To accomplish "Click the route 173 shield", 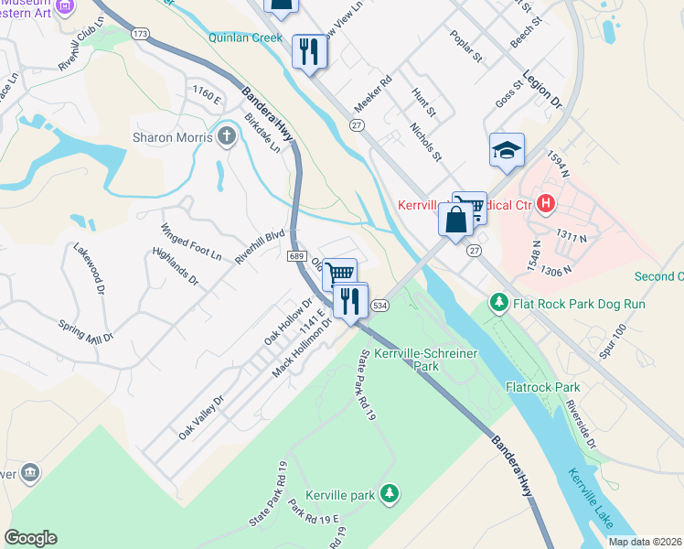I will pyautogui.click(x=139, y=34).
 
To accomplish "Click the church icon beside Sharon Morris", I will pyautogui.click(x=227, y=137).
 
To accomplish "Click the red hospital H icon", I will pyautogui.click(x=547, y=202).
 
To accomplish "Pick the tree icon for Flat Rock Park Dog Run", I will pyautogui.click(x=498, y=301).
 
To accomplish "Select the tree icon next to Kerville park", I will pyautogui.click(x=390, y=495).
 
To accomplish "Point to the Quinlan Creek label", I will pyautogui.click(x=244, y=38).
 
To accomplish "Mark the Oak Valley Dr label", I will pyautogui.click(x=201, y=416).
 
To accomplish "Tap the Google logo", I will pyautogui.click(x=30, y=538).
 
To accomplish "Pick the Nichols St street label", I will pyautogui.click(x=425, y=143).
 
